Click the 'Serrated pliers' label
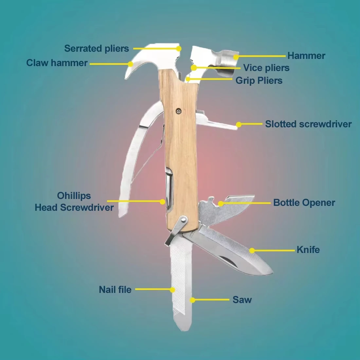[x=97, y=48]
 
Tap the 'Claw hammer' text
[x=57, y=63]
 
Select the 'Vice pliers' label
[x=266, y=68]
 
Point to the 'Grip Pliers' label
[x=259, y=80]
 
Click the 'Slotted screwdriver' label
[x=308, y=124]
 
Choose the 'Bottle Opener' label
[x=304, y=203]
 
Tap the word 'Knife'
[x=308, y=250]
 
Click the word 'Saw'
[x=242, y=299]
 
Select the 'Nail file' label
[x=115, y=290]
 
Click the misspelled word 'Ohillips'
[x=74, y=196]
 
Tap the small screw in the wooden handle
[x=178, y=111]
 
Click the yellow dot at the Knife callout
[x=252, y=251]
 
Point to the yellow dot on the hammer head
[x=236, y=57]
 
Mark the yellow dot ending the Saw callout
[x=193, y=300]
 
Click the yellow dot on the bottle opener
[x=221, y=204]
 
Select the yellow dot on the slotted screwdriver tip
[x=239, y=124]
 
